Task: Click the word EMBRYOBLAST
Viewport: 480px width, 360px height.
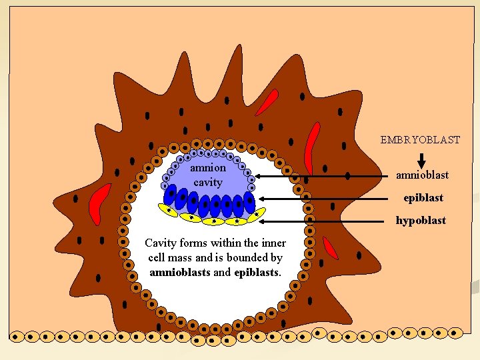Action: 420,140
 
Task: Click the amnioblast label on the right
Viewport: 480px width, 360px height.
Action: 422,175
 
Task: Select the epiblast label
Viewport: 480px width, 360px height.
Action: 423,198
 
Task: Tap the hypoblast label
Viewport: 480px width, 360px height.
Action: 421,221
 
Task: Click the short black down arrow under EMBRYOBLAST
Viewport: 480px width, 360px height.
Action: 421,161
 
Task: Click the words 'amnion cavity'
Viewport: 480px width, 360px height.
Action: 208,175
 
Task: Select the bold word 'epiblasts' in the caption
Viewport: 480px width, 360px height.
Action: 257,272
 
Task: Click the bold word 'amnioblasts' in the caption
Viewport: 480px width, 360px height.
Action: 180,272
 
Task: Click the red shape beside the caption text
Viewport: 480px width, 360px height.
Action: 330,247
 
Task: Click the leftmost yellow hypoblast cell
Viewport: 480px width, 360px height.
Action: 169,210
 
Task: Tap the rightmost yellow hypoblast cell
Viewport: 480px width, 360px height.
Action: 256,215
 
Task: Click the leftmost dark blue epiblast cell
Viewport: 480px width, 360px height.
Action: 172,194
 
